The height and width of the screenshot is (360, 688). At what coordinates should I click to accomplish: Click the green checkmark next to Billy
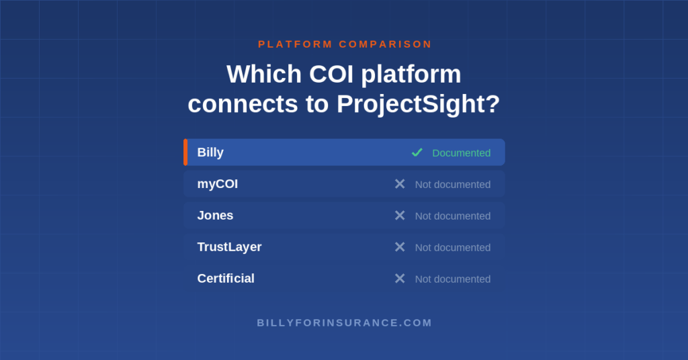tap(417, 152)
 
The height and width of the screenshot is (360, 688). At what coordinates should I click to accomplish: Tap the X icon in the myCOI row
tap(400, 184)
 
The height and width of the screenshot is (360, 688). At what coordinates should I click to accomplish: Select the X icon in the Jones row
tap(400, 216)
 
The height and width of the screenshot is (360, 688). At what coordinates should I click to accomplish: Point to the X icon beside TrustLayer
tap(400, 247)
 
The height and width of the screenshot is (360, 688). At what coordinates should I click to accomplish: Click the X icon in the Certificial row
tap(400, 279)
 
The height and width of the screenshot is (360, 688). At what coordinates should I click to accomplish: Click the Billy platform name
tap(210, 152)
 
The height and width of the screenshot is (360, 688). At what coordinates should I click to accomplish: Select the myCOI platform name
tap(218, 184)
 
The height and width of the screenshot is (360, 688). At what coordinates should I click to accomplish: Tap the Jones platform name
tap(215, 216)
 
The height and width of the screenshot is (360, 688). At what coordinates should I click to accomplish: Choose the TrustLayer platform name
tap(230, 247)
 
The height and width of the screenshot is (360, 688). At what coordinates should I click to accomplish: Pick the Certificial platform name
tap(226, 279)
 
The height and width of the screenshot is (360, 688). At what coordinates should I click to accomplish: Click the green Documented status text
tap(461, 153)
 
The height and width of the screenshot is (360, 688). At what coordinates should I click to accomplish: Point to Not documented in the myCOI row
tap(453, 185)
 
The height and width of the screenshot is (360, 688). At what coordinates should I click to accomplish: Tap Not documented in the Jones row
tap(453, 216)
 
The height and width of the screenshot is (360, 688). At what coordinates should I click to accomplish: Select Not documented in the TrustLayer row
tap(453, 248)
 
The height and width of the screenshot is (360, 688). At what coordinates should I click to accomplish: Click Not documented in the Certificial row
tap(453, 279)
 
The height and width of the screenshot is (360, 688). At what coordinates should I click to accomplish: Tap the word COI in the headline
tap(331, 74)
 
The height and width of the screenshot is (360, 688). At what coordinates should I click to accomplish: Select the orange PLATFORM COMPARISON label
tap(345, 44)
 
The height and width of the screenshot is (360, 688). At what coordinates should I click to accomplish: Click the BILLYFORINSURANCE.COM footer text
tap(345, 323)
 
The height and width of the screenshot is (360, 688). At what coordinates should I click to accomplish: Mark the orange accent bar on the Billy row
tap(185, 152)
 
